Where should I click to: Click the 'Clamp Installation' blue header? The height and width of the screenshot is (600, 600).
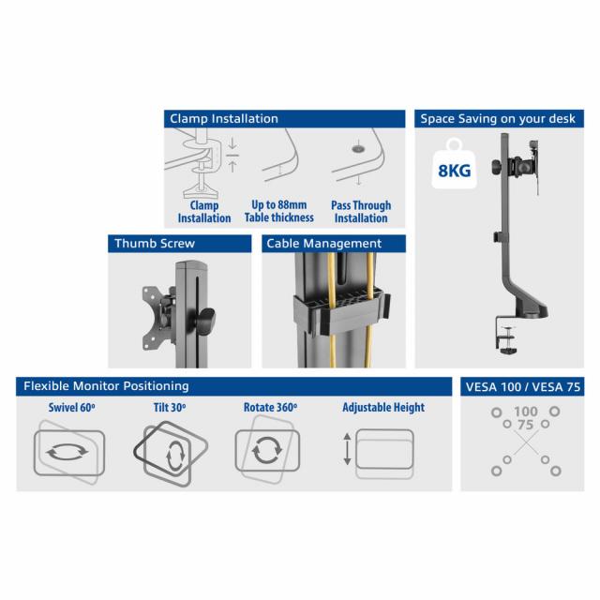[223, 119]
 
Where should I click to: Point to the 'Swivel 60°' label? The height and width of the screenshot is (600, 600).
[70, 408]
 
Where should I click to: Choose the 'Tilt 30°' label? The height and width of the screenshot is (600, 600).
[171, 408]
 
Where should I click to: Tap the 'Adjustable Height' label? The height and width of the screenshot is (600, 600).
[383, 408]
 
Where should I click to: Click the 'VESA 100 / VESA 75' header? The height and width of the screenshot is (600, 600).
[514, 386]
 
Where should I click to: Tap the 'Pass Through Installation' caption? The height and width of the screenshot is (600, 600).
[361, 212]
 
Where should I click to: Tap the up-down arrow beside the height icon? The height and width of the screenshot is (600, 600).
[347, 448]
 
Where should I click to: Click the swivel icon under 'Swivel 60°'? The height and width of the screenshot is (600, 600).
[69, 451]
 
